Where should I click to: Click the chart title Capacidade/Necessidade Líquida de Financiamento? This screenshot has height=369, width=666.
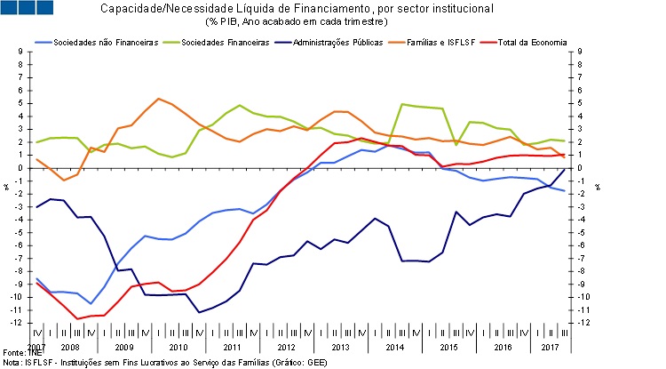(334, 9)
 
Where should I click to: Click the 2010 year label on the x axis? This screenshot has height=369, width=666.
(178, 345)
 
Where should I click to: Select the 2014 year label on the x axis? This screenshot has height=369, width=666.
(395, 345)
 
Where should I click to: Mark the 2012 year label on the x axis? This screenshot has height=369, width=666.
(287, 345)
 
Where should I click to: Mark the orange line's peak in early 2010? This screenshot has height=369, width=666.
(158, 98)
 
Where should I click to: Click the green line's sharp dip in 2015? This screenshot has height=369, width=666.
(456, 144)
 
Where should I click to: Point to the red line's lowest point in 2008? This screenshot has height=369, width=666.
(78, 318)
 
